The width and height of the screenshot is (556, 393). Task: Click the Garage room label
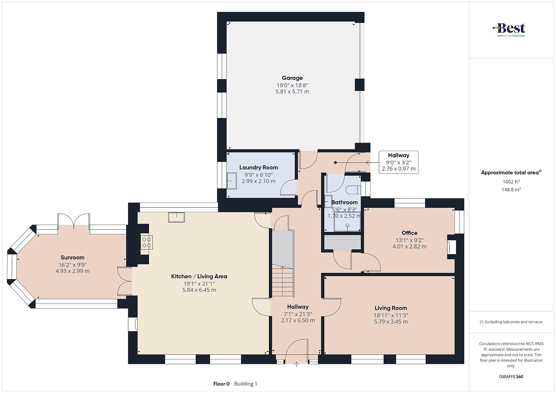pyautogui.click(x=292, y=78)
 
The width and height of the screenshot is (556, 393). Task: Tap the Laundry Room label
pyautogui.click(x=259, y=167)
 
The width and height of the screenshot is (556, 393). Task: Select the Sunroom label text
pyautogui.click(x=73, y=257)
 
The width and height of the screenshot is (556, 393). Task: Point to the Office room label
pyautogui.click(x=409, y=233)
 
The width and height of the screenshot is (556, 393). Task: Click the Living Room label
pyautogui.click(x=391, y=308)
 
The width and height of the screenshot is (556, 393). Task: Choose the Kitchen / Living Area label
pyautogui.click(x=199, y=276)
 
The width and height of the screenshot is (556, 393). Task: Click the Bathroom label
pyautogui.click(x=344, y=202)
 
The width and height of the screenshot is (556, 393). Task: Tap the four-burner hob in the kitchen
pyautogui.click(x=146, y=242)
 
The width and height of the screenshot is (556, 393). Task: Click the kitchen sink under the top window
pyautogui.click(x=177, y=217)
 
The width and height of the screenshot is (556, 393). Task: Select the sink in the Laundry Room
pyautogui.click(x=231, y=181)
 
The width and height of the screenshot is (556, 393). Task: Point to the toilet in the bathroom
pyautogui.click(x=353, y=190)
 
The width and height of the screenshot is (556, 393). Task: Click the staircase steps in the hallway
pyautogui.click(x=283, y=281)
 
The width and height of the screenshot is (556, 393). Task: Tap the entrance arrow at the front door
pyautogui.click(x=296, y=364)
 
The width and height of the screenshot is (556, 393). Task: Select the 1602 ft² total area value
pyautogui.click(x=511, y=182)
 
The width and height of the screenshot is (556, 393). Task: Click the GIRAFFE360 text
pyautogui.click(x=511, y=377)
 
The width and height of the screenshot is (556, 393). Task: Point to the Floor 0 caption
pyautogui.click(x=221, y=384)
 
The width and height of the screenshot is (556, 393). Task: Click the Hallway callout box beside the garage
pyautogui.click(x=398, y=162)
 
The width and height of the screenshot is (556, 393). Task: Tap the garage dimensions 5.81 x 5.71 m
pyautogui.click(x=292, y=92)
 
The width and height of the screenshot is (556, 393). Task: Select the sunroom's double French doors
pyautogui.click(x=74, y=221)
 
